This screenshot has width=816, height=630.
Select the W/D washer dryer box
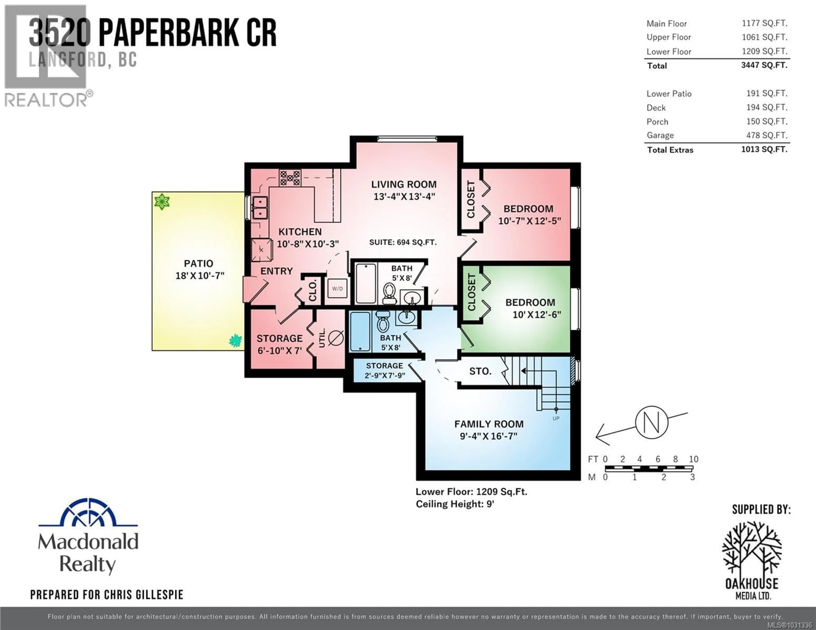tap(337, 289)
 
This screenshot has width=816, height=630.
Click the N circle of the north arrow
tap(652, 422)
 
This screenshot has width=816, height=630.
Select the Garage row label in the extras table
tap(660, 135)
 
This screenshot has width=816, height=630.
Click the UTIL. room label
tap(322, 338)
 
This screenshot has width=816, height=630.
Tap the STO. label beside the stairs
tap(480, 371)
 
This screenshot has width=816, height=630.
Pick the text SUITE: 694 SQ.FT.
tap(403, 242)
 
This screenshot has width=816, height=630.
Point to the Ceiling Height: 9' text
tap(455, 504)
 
